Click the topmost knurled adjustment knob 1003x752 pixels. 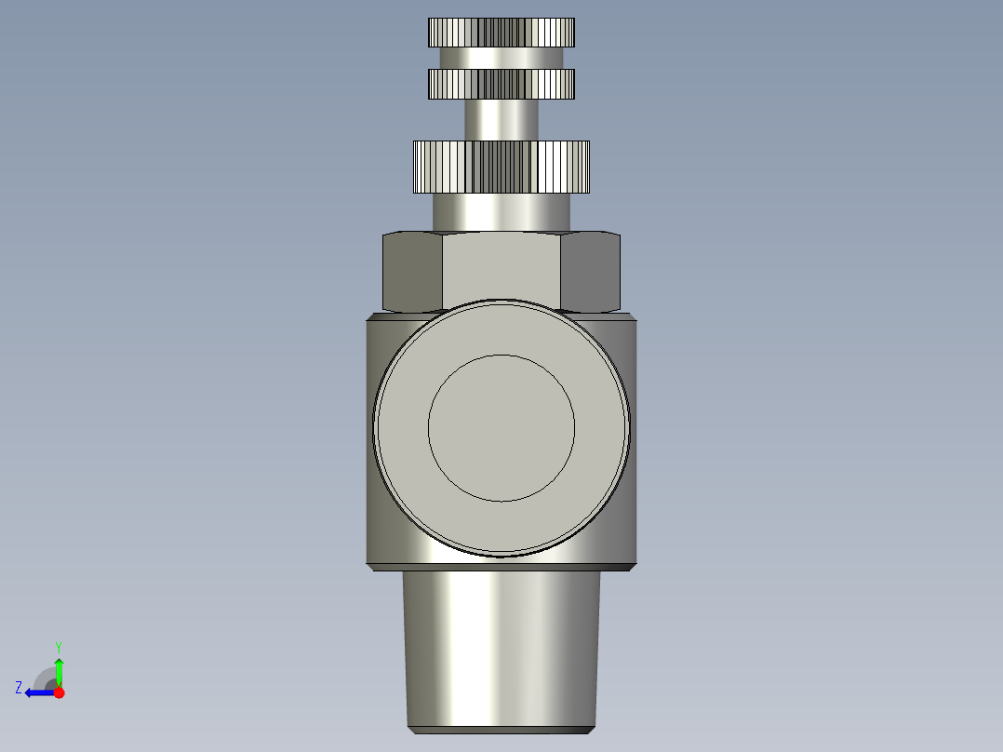point(501,33)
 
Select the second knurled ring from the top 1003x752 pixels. point(501,84)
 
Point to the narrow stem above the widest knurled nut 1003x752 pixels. point(501,119)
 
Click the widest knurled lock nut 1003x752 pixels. point(501,167)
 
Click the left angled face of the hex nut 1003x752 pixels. point(412,272)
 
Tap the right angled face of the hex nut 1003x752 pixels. point(591,272)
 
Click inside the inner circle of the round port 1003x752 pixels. point(501,427)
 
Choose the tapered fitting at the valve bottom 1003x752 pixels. point(501,642)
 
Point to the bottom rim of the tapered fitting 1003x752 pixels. point(501,728)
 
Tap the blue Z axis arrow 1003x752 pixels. point(35,692)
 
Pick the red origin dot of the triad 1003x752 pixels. point(59,692)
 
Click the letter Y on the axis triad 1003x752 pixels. point(58,646)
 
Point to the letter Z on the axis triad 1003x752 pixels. point(19,687)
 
